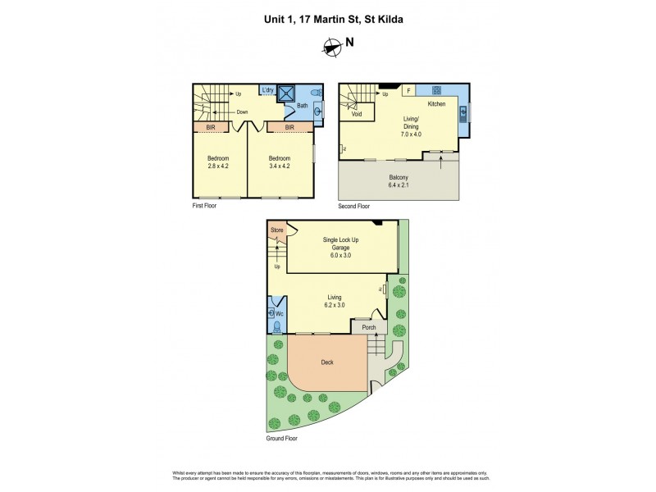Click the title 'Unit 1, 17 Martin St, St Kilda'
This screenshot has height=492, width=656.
coord(328,16)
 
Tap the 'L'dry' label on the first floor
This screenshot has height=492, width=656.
coord(267,90)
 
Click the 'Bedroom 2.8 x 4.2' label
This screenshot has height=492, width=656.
coord(218,162)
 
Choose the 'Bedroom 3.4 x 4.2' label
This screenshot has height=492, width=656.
coord(280,162)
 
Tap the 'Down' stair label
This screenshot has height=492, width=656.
coord(243,112)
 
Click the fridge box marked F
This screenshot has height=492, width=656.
coord(408,91)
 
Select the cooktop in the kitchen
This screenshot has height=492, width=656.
coord(437,90)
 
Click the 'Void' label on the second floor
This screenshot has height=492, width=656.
coord(357,114)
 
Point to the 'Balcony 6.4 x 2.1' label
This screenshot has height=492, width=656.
coord(399,181)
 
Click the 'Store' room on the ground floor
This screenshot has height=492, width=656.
coord(277,230)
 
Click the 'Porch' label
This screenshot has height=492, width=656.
coord(369,327)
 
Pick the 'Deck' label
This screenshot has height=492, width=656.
coord(326,362)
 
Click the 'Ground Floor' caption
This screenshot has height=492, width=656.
coord(281,439)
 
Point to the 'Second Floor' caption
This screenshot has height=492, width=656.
coord(354,207)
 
